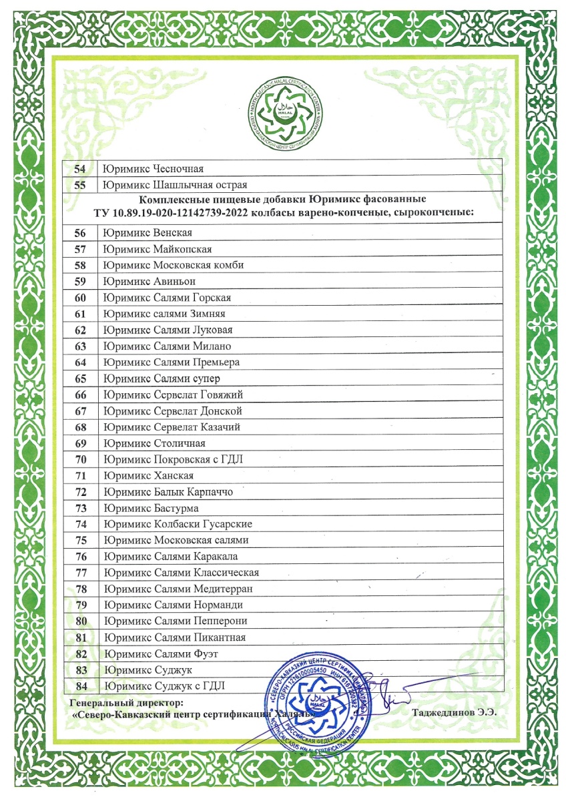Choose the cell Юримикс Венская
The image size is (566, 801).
click(x=148, y=233)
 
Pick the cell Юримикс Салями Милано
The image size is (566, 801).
click(x=168, y=346)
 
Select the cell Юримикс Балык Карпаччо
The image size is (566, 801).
click(x=168, y=491)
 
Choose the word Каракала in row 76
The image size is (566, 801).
click(x=216, y=556)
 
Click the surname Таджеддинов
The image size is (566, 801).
click(x=445, y=712)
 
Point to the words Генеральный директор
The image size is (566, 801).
click(x=126, y=702)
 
